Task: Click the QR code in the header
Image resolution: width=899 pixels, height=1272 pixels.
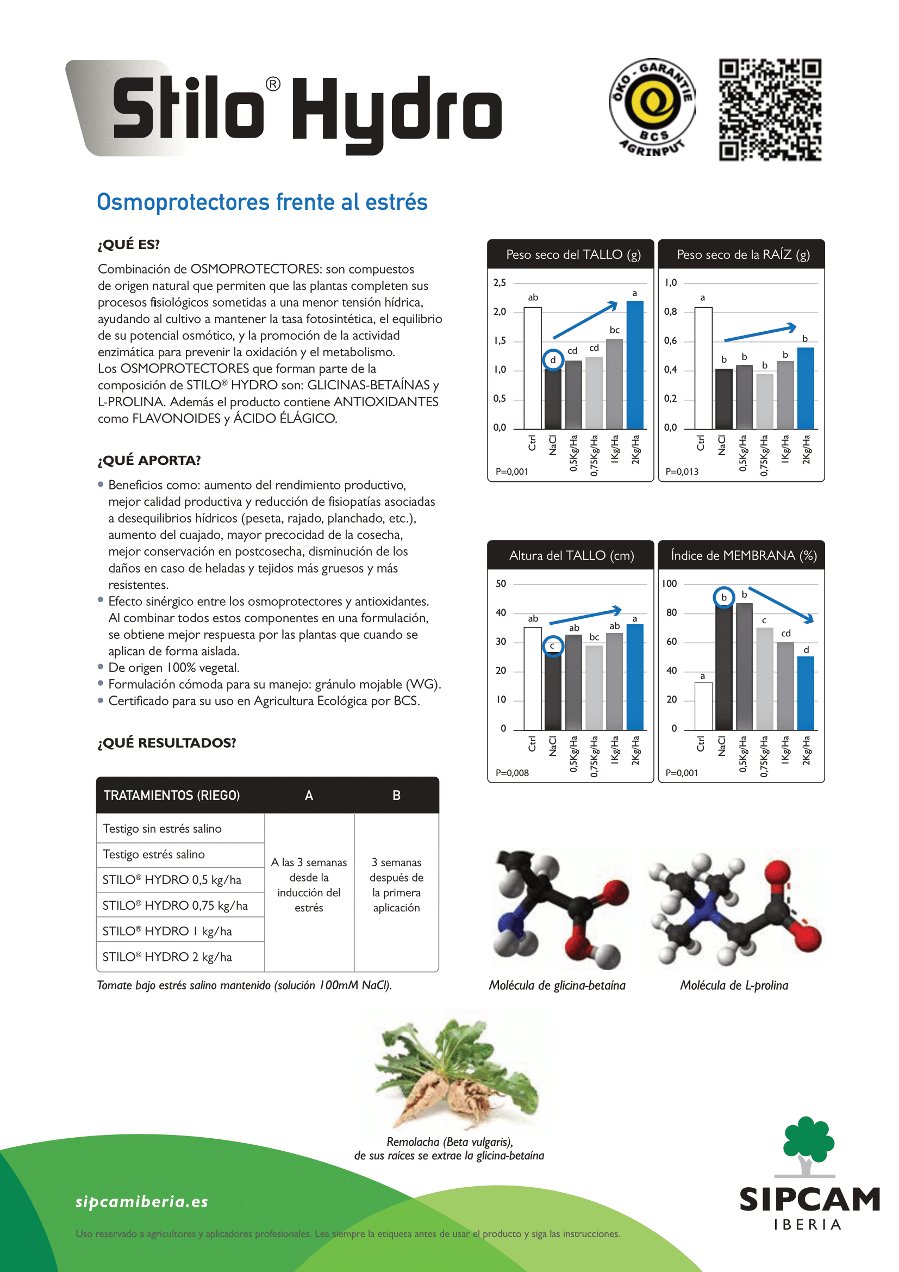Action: tap(770, 110)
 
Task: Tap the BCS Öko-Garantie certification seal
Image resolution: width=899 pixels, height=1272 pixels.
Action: tap(652, 108)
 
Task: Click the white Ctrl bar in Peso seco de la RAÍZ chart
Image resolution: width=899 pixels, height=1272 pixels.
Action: tap(703, 368)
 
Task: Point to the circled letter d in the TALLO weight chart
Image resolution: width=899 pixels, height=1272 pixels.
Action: tap(552, 360)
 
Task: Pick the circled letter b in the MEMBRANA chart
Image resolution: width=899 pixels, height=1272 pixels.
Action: tap(723, 597)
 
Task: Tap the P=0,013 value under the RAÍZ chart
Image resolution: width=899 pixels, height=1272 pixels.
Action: tap(682, 471)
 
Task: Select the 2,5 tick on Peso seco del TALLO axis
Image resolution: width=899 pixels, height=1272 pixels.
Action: tap(500, 283)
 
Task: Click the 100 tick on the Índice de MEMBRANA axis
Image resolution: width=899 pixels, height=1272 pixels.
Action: tap(669, 584)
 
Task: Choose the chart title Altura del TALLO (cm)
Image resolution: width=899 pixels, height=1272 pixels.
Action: tap(571, 556)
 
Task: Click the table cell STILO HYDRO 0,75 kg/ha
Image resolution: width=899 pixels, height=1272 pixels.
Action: tap(176, 905)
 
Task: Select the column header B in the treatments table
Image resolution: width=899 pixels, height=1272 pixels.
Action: tap(396, 796)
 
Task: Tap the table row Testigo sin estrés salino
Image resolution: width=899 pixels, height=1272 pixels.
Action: tap(162, 828)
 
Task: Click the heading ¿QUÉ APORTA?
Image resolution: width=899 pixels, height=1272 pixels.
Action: tap(149, 461)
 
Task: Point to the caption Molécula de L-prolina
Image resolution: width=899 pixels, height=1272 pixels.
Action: tap(734, 985)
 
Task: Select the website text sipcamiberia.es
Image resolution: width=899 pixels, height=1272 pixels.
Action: tap(142, 1202)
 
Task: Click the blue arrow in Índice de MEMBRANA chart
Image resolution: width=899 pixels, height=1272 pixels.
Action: tap(781, 604)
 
